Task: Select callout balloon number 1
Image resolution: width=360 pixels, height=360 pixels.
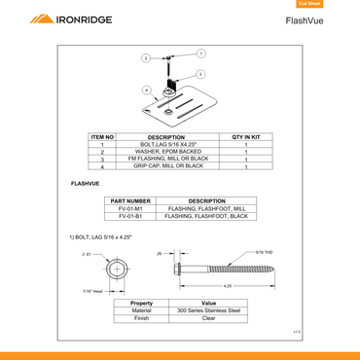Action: coord(200,53)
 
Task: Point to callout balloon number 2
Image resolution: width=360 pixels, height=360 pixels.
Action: coord(146,58)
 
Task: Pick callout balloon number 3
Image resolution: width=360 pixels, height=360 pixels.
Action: coord(199,74)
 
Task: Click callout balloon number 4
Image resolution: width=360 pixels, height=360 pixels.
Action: coord(147,90)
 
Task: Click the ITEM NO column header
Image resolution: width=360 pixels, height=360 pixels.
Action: coord(103,137)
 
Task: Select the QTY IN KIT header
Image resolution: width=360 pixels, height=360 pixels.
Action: coord(246,137)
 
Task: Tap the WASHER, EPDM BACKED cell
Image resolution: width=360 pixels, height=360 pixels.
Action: coord(164,152)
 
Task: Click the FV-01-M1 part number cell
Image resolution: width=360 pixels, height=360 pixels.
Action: coord(130,208)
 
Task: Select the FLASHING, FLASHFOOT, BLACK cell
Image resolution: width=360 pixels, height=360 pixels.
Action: coord(207,216)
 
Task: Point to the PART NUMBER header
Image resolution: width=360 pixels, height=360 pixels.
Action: coord(130,200)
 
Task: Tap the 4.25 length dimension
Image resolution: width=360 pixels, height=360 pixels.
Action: coord(227,286)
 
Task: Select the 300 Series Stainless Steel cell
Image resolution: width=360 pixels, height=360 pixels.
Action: coord(208,310)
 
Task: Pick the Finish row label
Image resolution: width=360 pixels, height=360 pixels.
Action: coord(141,318)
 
